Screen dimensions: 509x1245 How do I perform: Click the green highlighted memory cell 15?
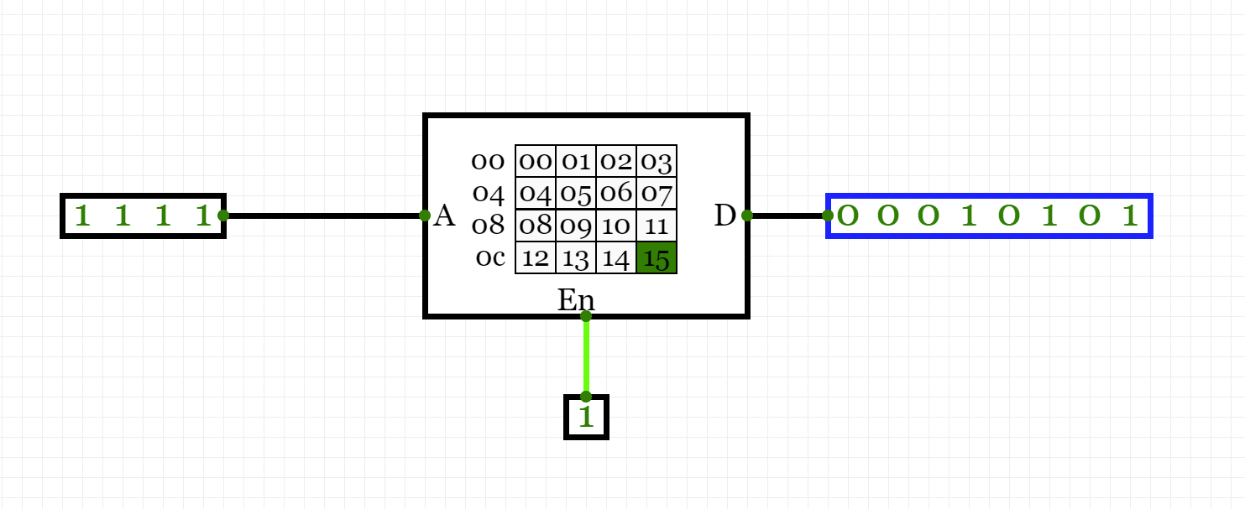point(657,257)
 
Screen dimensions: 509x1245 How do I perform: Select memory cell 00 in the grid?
point(535,161)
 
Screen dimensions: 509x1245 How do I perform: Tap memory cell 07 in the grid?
point(657,194)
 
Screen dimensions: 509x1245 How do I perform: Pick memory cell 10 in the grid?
point(616,226)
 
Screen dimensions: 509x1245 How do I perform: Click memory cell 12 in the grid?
point(535,257)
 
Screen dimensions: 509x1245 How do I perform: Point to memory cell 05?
point(576,194)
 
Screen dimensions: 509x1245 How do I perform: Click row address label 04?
point(489,194)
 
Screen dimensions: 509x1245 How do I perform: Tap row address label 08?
point(489,226)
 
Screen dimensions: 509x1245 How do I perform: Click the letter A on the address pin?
point(444,216)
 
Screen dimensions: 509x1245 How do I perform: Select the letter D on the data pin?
point(725,216)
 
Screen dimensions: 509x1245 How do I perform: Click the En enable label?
point(576,299)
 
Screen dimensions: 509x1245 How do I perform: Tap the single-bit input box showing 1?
point(586,417)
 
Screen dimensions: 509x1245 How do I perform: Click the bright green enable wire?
point(586,356)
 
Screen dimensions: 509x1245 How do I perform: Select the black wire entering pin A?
point(323,216)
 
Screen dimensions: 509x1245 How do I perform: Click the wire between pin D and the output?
point(787,216)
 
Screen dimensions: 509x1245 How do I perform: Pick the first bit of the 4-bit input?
point(81,216)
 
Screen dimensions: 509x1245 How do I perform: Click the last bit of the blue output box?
point(1130,216)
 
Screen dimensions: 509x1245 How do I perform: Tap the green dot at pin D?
point(747,216)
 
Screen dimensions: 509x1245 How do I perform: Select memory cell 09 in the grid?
point(576,226)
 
